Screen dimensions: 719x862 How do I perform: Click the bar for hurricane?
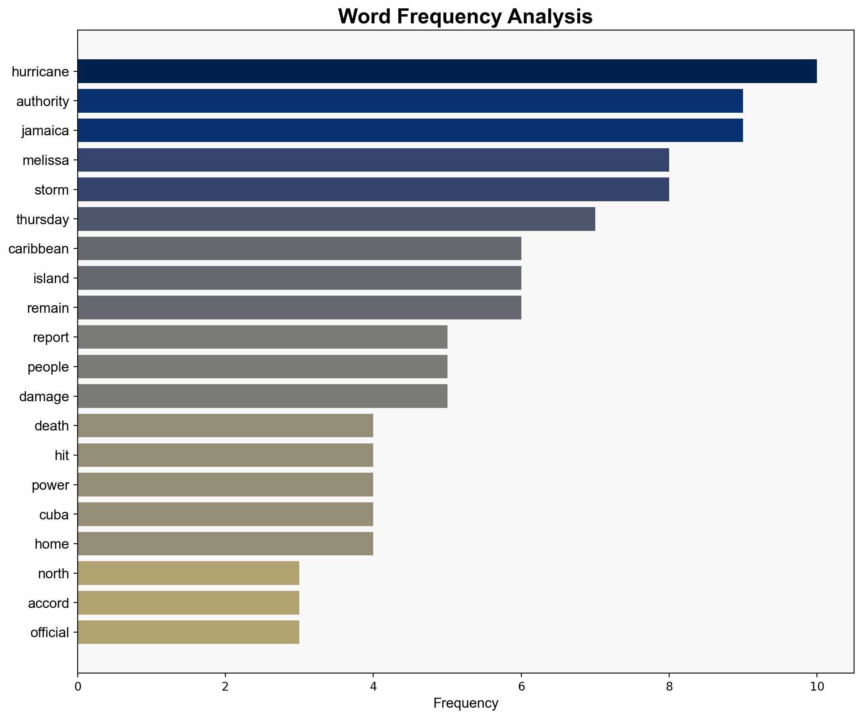point(447,71)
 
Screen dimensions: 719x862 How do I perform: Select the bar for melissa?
point(373,160)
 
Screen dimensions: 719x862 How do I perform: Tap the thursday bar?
point(336,219)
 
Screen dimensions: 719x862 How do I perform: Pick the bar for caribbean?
point(299,248)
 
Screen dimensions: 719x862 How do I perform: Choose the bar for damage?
point(262,396)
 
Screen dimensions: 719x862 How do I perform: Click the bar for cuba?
point(225,514)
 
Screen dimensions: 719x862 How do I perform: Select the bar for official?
point(188,632)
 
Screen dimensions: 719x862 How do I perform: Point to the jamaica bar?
point(410,130)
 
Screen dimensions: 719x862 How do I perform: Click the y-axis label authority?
point(43,101)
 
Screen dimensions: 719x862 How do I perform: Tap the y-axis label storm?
point(52,190)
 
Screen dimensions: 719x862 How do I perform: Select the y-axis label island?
point(51,278)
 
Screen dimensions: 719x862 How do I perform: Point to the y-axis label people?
point(48,367)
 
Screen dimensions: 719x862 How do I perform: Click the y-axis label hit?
point(62,456)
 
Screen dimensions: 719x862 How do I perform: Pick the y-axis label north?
point(53,574)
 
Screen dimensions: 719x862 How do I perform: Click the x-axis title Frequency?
point(465,704)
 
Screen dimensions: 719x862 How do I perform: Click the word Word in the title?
point(364,17)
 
